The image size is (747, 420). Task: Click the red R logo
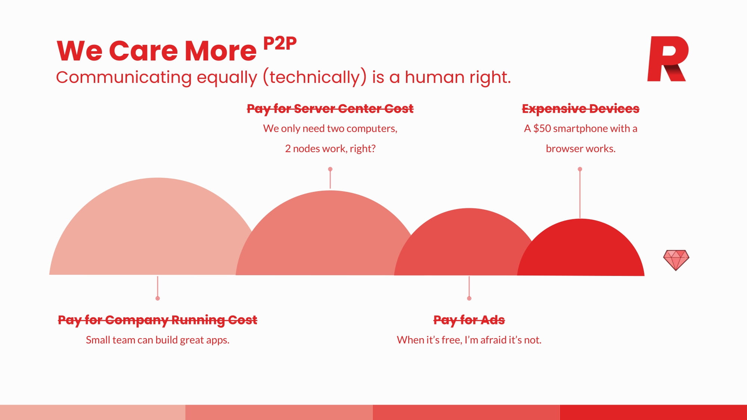tap(668, 59)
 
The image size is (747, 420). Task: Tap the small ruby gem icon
tap(676, 260)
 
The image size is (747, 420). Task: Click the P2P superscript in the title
tap(280, 43)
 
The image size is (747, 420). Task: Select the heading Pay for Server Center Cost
tap(330, 109)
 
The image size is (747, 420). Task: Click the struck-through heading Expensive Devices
tap(580, 109)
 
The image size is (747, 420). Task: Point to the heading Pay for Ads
tap(469, 320)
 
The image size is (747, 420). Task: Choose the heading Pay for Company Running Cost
tap(158, 320)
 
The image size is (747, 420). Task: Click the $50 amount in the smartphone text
tap(542, 128)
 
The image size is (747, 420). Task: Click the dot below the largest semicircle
tap(158, 298)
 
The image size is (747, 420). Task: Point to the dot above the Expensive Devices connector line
tap(580, 169)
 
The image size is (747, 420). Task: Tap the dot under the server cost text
tap(330, 169)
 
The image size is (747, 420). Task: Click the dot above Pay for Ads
tap(469, 298)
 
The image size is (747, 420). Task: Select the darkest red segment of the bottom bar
tap(653, 412)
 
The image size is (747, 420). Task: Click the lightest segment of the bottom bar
tap(93, 412)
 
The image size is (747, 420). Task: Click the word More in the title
tap(221, 51)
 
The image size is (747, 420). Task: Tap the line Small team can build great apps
tap(158, 340)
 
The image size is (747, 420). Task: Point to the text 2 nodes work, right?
tap(330, 149)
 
